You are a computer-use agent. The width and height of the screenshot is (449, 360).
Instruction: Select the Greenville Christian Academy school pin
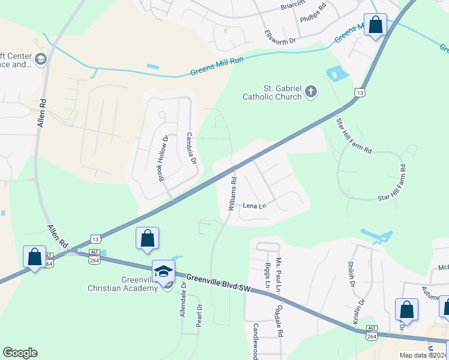tap(163, 272)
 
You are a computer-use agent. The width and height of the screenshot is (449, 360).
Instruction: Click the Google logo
tap(20, 353)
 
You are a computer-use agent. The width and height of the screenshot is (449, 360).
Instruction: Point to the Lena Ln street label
tap(254, 206)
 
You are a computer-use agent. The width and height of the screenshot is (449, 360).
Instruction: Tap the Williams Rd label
tap(232, 193)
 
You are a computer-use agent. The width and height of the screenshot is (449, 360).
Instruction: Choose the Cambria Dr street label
tap(191, 148)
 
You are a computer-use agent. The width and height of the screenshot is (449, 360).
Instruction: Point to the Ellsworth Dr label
tap(280, 37)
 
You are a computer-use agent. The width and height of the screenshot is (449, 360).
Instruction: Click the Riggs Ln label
tap(267, 274)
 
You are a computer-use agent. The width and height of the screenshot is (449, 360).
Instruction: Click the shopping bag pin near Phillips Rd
tap(376, 26)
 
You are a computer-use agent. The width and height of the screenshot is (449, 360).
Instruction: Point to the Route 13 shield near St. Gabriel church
tap(359, 93)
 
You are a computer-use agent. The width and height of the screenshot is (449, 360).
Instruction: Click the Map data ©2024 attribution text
tap(423, 355)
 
